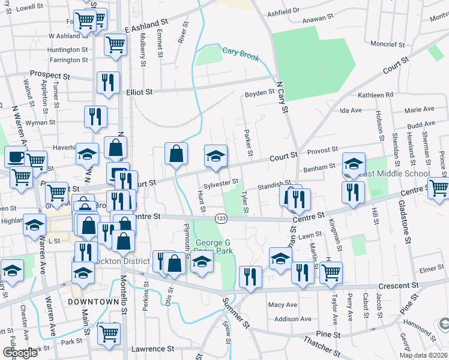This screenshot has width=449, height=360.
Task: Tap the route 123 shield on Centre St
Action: (x=221, y=217)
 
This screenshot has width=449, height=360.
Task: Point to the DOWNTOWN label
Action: (x=94, y=302)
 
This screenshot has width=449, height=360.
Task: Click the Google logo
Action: (x=20, y=353)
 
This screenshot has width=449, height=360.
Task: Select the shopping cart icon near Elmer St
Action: (x=330, y=271)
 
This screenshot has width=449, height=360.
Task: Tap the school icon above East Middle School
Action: (x=354, y=163)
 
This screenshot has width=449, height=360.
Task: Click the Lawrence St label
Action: (x=152, y=349)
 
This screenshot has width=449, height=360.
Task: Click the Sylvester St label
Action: (x=221, y=181)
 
